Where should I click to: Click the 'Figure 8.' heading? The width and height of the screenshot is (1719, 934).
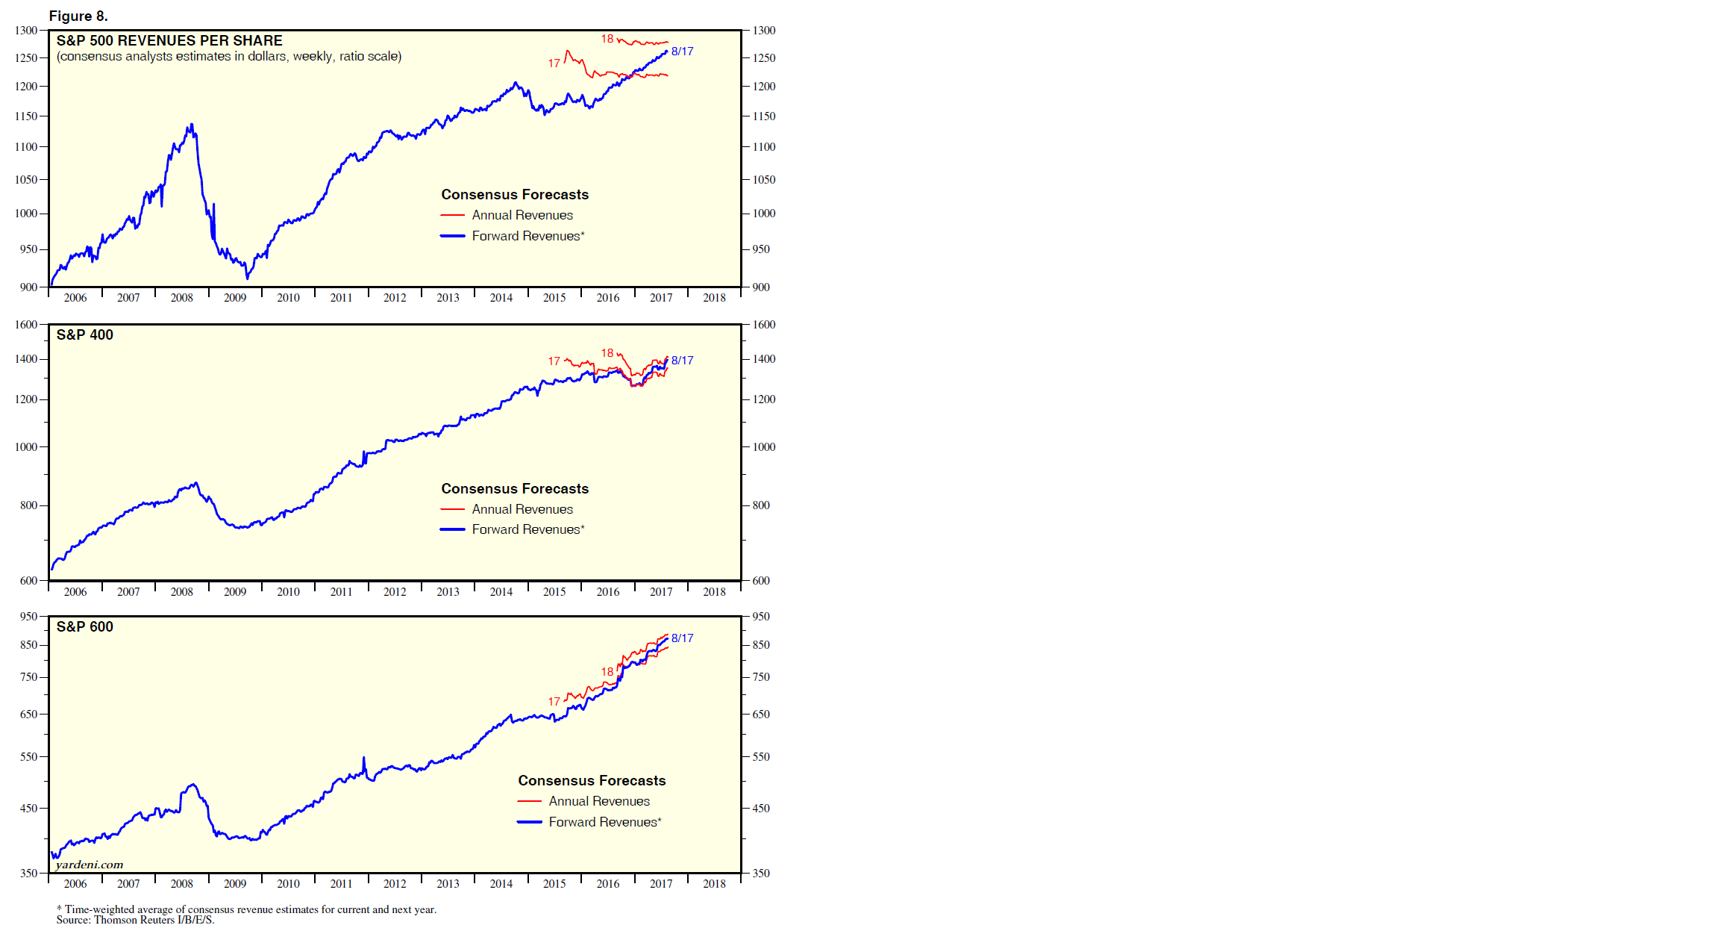[x=78, y=16]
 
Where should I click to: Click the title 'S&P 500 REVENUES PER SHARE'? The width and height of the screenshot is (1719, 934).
[x=169, y=40]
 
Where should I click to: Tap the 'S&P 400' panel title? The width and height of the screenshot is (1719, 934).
[x=85, y=334]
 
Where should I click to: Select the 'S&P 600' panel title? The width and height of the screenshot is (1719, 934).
[x=85, y=626]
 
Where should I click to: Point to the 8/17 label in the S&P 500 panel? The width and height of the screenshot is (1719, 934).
[x=682, y=52]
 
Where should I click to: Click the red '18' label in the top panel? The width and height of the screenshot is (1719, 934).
[x=607, y=39]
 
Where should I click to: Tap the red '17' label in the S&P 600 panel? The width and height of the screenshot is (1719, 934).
[x=554, y=702]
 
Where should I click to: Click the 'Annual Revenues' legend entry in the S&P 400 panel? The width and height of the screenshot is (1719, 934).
[x=522, y=509]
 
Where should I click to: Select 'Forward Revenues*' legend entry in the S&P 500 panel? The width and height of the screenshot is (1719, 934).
[x=527, y=236]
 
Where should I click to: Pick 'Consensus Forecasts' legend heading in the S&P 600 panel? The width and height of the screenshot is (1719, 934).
[x=592, y=780]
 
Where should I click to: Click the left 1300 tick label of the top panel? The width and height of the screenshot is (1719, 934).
[x=26, y=31]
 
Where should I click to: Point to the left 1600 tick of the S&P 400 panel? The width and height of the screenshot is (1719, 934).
[x=26, y=325]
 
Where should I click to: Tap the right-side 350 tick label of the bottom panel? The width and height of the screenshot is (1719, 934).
[x=760, y=873]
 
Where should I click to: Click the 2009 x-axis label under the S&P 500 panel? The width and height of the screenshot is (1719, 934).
[x=235, y=298]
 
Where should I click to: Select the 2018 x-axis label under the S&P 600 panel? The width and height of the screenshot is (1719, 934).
[x=714, y=884]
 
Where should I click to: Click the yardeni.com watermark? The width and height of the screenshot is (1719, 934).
[x=90, y=865]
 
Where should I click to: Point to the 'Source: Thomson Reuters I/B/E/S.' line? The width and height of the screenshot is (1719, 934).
[x=135, y=920]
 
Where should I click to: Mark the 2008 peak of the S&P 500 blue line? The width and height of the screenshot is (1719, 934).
[x=192, y=125]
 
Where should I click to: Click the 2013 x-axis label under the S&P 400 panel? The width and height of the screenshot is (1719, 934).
[x=448, y=592]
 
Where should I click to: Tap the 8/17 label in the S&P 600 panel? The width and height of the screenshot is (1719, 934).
[x=682, y=638]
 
